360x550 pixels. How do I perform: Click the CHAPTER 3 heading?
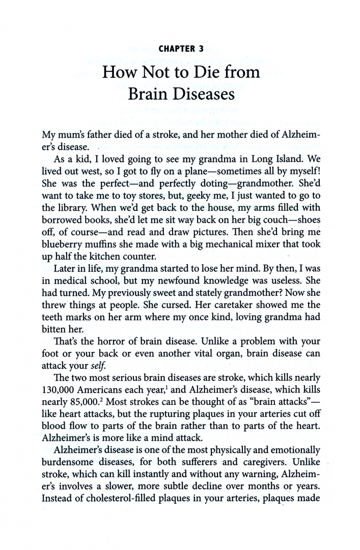pyautogui.click(x=181, y=49)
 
